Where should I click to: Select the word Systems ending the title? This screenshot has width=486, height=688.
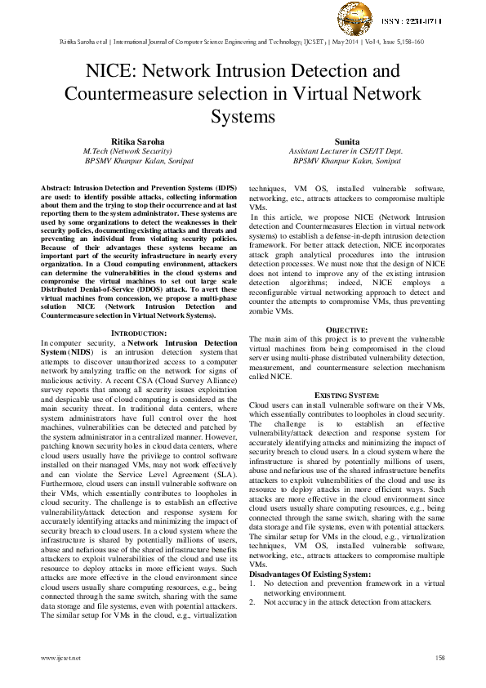pos(243,116)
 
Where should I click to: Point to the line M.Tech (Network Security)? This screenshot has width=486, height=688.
pos(127,151)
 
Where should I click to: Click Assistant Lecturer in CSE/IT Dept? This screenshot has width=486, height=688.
pos(346,151)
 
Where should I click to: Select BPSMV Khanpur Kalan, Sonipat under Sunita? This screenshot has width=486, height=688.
pos(346,161)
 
